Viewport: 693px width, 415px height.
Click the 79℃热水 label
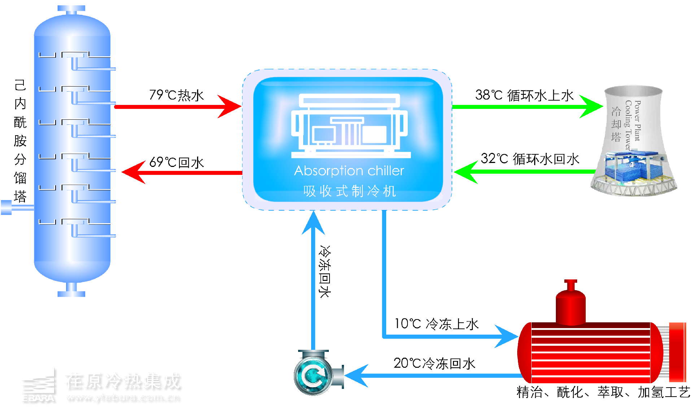(176, 95)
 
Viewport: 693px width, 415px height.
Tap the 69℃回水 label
(176, 163)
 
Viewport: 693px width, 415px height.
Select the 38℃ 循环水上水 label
(524, 95)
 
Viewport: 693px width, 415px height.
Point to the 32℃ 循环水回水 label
(529, 159)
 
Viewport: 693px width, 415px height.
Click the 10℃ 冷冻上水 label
(436, 324)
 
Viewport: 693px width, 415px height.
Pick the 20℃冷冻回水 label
(434, 363)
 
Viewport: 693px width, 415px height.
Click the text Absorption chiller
(349, 171)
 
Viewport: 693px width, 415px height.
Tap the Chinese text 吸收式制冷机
(349, 191)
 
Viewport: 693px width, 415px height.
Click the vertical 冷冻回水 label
(324, 271)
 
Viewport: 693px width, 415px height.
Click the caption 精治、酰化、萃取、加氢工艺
(603, 392)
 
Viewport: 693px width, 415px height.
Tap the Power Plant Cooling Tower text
(633, 124)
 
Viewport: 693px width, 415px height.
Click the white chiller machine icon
(349, 126)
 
